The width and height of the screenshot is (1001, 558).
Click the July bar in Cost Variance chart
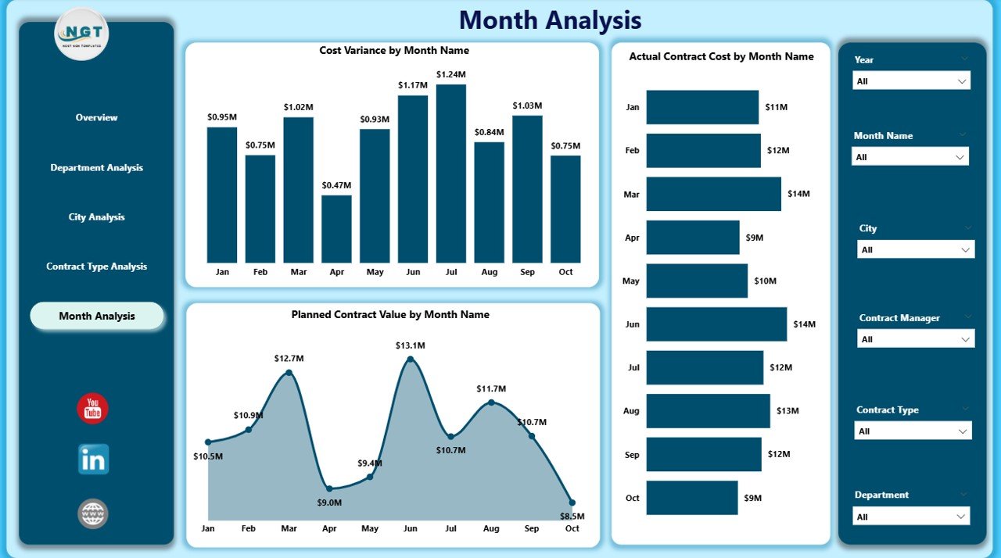[451, 173]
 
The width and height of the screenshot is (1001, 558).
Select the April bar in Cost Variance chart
[336, 228]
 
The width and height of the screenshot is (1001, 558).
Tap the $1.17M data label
[413, 85]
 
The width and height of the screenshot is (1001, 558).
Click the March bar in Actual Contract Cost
[713, 194]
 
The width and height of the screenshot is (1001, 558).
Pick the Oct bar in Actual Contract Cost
[691, 498]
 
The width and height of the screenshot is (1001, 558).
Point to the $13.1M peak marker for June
[410, 359]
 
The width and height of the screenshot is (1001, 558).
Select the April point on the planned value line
[329, 489]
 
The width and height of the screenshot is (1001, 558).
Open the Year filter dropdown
[911, 81]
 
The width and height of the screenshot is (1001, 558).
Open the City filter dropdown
[916, 250]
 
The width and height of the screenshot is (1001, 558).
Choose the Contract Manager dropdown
[916, 339]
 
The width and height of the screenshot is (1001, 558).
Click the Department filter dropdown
[911, 517]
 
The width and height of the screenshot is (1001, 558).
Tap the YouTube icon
[92, 409]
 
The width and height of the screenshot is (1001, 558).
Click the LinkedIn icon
[93, 460]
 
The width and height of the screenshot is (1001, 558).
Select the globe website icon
[93, 513]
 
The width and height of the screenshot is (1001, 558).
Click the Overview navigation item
[96, 118]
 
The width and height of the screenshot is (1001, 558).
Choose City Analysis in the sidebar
[96, 217]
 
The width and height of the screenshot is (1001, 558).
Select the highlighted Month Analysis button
[97, 317]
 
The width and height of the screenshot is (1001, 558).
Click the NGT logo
[81, 34]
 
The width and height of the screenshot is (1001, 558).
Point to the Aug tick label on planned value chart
[491, 529]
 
